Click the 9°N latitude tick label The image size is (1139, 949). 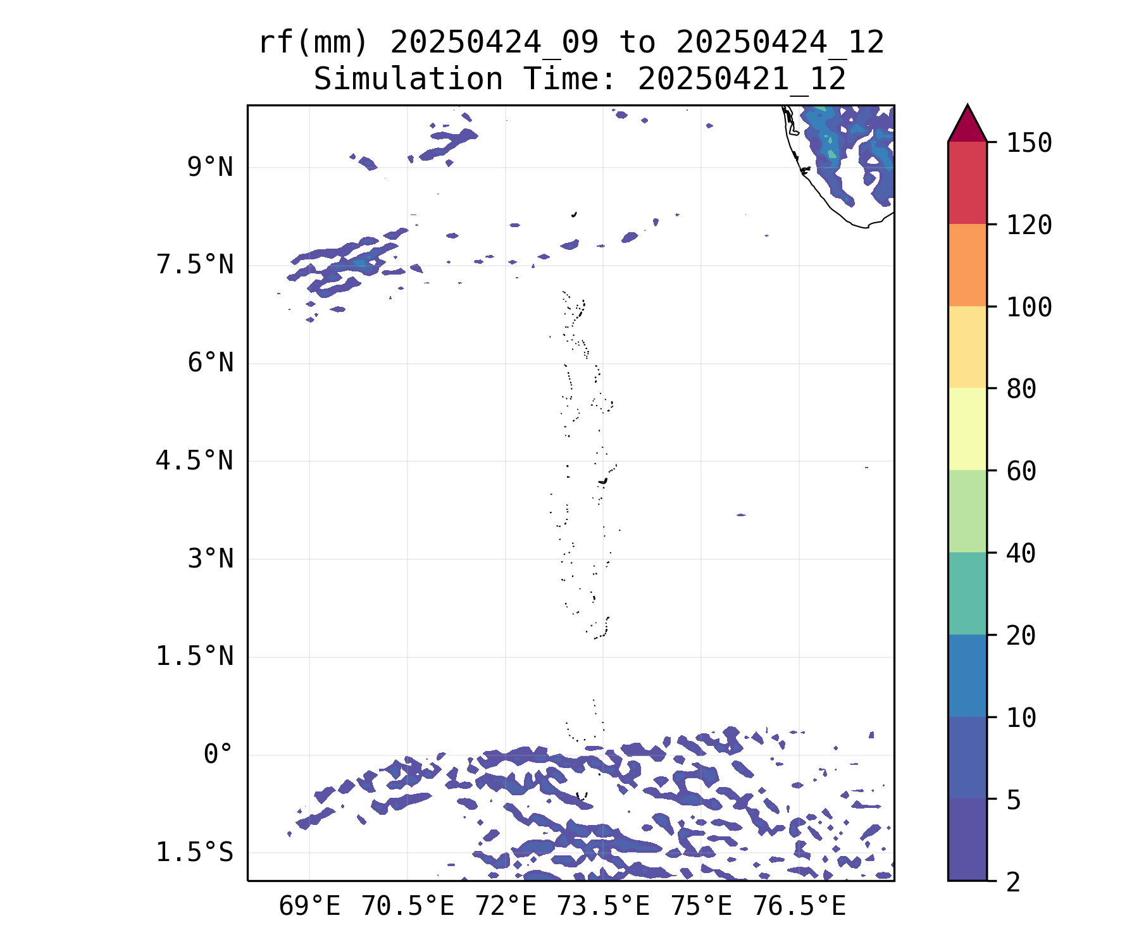point(210,168)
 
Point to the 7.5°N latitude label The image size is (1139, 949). point(194,265)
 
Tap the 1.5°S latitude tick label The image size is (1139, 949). point(194,853)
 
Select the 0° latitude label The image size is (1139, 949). point(218,754)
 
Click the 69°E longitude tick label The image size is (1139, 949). point(309,907)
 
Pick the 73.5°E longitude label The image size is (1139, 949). point(603,907)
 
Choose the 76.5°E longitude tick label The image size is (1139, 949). point(799,907)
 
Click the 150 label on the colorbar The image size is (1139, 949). point(1029,143)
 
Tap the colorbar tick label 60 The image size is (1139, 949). point(1021,471)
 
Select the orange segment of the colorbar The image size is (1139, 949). point(967,265)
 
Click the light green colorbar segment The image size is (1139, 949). point(967,511)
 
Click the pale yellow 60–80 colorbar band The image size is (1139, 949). point(967,429)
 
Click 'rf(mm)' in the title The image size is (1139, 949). point(313,43)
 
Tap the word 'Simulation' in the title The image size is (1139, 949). point(408,80)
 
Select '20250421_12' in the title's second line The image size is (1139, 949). point(742,80)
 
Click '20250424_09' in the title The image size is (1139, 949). point(494,43)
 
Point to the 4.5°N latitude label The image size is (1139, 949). point(194,461)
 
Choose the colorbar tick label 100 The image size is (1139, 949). point(1029,307)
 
